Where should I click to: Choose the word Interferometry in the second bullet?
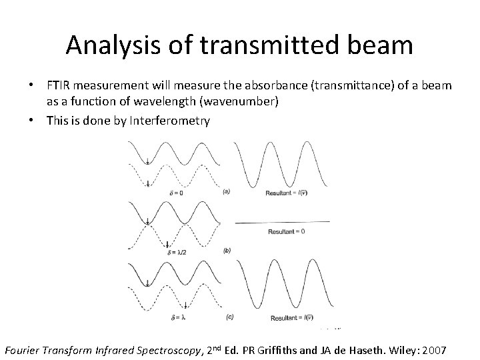point(173,121)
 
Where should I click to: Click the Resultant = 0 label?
point(287,231)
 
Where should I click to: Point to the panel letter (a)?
point(227,191)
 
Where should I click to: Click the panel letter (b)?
point(227,251)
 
